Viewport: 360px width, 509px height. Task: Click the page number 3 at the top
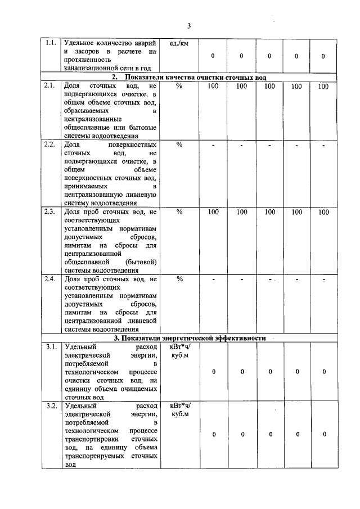(189, 26)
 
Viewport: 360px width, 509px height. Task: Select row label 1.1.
(51, 43)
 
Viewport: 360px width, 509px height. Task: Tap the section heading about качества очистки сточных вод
(188, 77)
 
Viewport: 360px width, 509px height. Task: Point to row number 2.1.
(51, 85)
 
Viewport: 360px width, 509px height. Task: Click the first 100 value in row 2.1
(213, 86)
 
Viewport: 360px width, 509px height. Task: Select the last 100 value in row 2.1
(323, 86)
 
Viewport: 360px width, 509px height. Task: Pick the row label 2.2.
(51, 144)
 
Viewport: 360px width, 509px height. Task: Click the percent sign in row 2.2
(179, 145)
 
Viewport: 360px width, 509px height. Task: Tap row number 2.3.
(51, 211)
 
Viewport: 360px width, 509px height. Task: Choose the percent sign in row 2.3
(179, 212)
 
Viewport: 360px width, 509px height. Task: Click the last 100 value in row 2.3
(323, 212)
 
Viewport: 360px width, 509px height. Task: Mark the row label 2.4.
(51, 278)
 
